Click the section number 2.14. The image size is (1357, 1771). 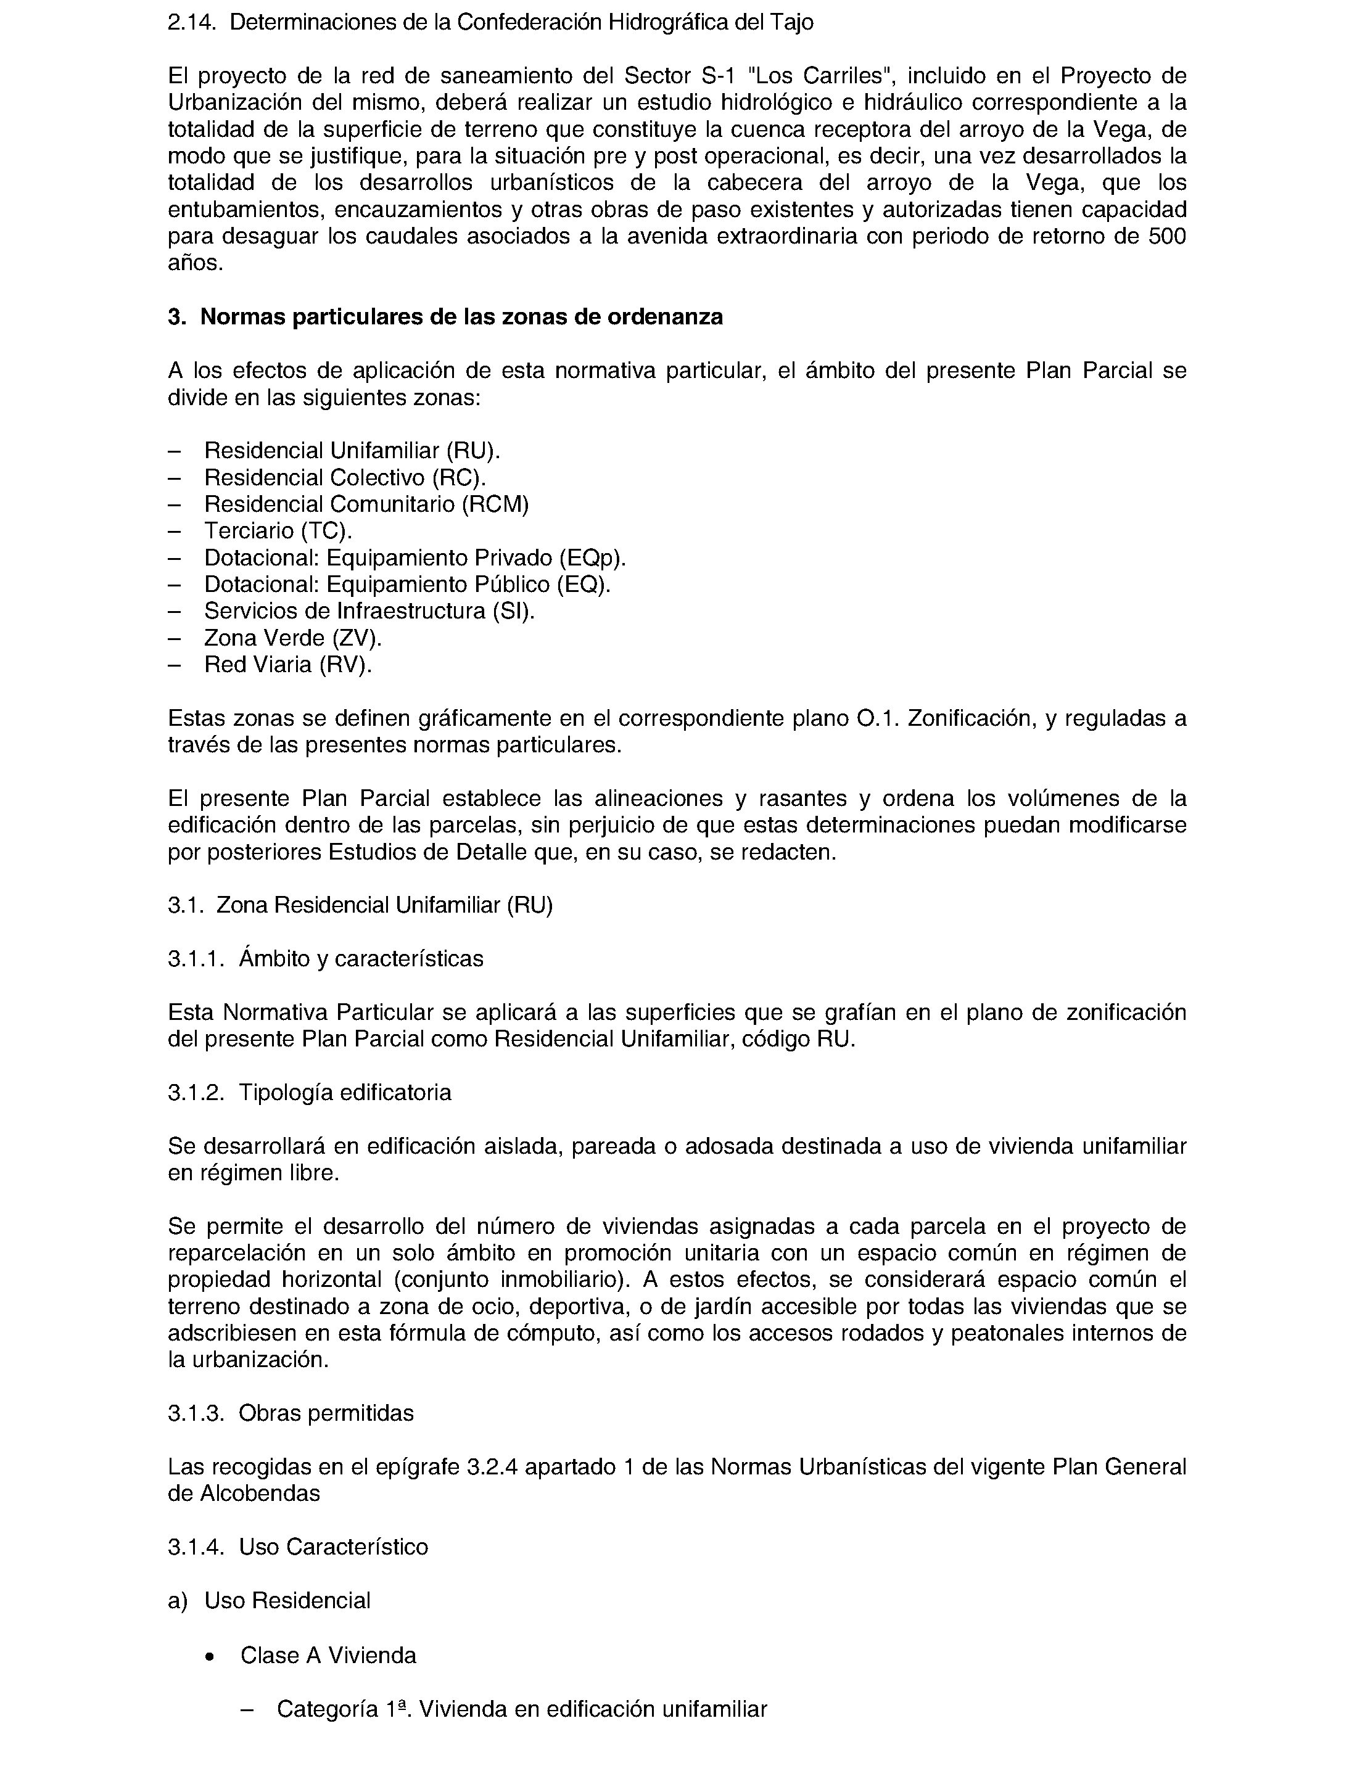pos(191,23)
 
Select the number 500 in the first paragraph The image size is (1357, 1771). pos(1166,237)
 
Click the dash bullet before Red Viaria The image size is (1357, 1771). pos(174,665)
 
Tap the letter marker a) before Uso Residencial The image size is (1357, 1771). pos(177,1601)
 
